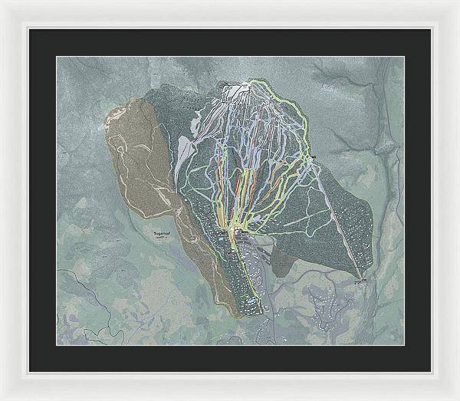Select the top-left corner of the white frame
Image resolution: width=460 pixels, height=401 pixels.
pos(2,2)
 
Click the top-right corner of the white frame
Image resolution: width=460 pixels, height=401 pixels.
pos(457,2)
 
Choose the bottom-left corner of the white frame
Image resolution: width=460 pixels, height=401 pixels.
pos(2,398)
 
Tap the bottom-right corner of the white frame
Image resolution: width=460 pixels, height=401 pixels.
pos(457,398)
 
